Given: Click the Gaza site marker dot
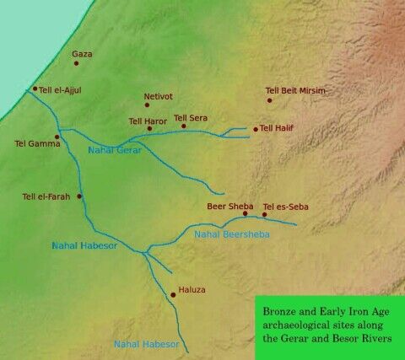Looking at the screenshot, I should (x=76, y=63).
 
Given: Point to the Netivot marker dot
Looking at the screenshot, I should (x=147, y=105).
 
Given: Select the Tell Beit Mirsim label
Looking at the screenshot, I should (x=295, y=90).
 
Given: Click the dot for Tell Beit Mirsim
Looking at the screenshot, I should (x=270, y=100).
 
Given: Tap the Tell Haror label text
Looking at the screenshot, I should (x=148, y=121).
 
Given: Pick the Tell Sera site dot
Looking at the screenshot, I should (x=184, y=126).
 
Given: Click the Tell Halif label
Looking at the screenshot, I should (x=279, y=128).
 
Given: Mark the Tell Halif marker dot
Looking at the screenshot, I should (x=256, y=129).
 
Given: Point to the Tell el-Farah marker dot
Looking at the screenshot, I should (x=79, y=196).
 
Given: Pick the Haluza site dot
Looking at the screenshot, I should (x=173, y=294).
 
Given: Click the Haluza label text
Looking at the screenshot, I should (x=192, y=290).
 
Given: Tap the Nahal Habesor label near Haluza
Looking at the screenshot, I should (x=146, y=344).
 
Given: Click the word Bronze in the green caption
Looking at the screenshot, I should (x=279, y=309).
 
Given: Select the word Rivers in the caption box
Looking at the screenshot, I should (x=376, y=338).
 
